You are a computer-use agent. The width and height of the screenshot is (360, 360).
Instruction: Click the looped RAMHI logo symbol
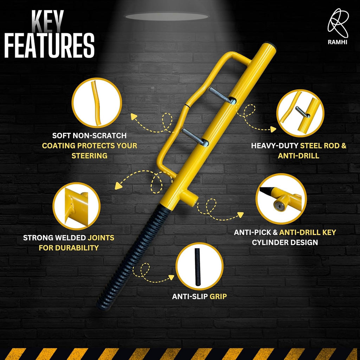click(x=338, y=23)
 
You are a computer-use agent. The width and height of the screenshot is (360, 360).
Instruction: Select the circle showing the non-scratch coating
click(x=97, y=103)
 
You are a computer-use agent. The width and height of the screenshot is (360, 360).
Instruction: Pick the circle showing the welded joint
click(x=76, y=206)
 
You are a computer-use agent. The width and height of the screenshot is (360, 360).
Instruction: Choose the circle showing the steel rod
click(x=300, y=113)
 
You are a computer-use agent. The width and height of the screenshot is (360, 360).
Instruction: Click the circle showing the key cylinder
click(x=281, y=198)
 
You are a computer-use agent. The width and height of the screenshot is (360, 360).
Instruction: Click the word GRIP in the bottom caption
click(x=218, y=297)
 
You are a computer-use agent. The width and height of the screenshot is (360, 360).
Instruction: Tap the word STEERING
click(x=89, y=155)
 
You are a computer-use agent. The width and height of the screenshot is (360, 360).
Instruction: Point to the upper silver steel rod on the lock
click(x=221, y=95)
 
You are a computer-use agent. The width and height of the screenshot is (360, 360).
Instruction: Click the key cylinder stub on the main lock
click(x=191, y=199)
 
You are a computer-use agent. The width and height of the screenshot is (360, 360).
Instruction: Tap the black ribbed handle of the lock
click(x=130, y=256)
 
